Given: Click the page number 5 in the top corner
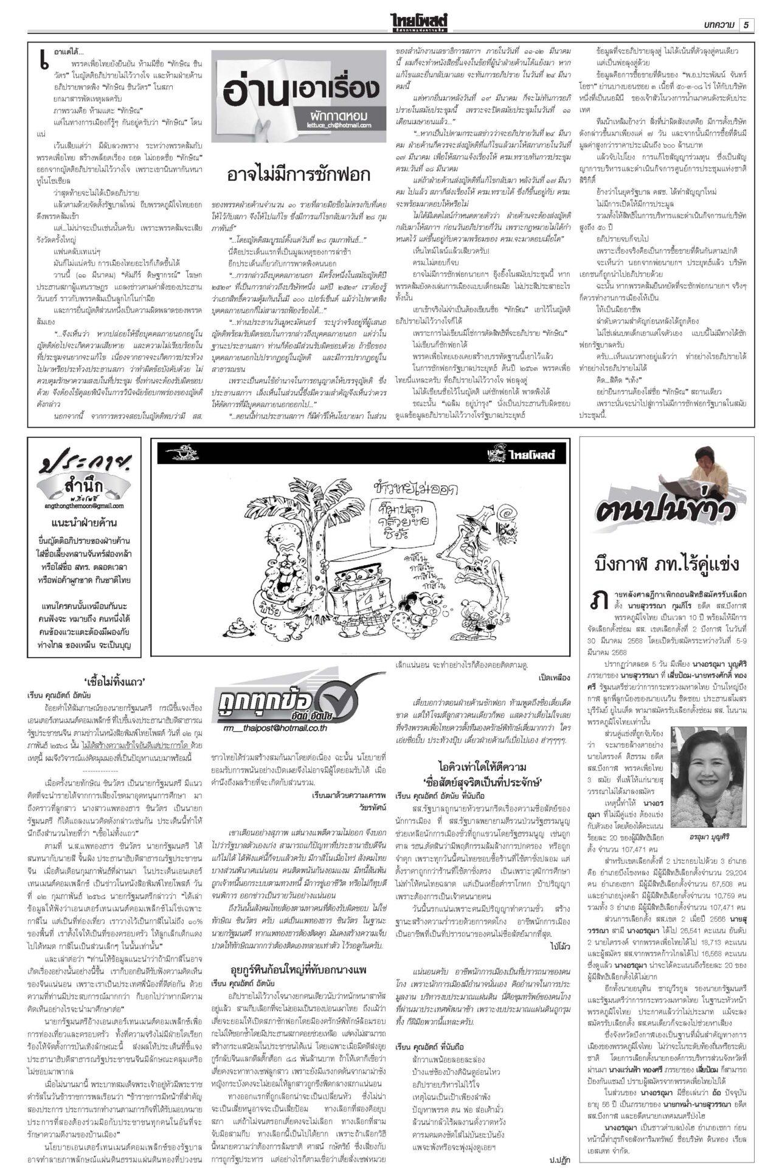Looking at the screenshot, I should coord(746,24).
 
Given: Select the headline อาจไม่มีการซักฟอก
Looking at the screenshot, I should coord(298,175).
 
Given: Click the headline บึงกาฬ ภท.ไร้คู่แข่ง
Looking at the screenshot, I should coord(667,564).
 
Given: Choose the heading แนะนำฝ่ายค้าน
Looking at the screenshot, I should coord(84,523).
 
